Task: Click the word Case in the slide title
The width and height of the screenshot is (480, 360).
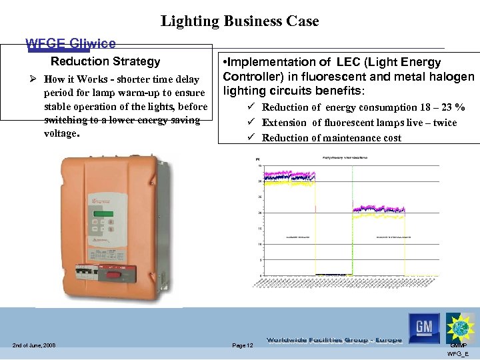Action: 303,21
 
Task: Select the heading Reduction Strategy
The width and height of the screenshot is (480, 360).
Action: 105,61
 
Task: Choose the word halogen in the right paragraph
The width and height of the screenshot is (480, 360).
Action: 450,76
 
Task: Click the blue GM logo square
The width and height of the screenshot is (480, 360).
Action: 424,327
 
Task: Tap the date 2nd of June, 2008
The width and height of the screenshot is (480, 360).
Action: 33,345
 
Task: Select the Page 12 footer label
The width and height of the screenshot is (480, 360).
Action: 242,345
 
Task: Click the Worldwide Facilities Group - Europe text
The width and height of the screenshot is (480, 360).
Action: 333,340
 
